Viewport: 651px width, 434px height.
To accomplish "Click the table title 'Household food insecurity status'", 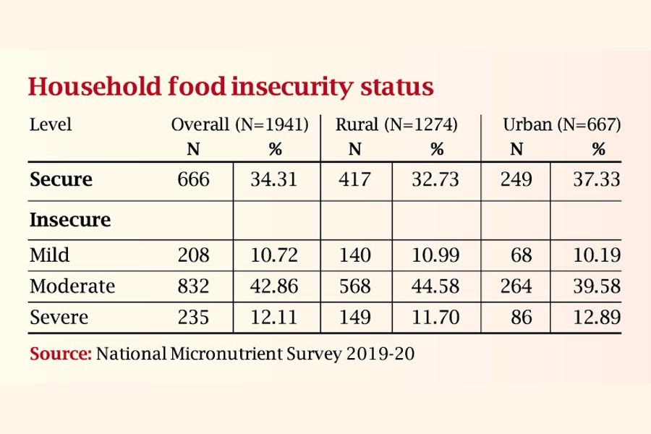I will click(231, 87).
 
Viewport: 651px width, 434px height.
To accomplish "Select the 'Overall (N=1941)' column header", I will click(239, 124).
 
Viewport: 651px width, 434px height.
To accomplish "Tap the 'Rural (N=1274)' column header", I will click(396, 124).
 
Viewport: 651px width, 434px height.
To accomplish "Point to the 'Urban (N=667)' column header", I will click(562, 124).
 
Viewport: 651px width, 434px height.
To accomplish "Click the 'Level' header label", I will click(51, 124).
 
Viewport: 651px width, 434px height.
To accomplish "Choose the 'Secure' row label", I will click(61, 179).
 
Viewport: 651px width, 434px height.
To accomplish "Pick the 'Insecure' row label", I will click(70, 220).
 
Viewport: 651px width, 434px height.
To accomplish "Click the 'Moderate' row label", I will click(72, 286).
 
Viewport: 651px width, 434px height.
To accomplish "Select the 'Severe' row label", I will click(59, 318).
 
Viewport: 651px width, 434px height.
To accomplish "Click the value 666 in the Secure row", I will click(194, 179).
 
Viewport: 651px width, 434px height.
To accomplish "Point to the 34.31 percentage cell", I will click(273, 179).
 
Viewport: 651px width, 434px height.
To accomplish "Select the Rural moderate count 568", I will click(355, 286).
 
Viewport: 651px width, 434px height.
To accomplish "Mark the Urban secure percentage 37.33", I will click(596, 179).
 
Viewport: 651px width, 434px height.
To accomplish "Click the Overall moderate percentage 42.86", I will click(273, 286).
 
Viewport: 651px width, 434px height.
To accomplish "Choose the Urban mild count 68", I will click(520, 255).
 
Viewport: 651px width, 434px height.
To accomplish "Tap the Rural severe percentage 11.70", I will click(435, 318).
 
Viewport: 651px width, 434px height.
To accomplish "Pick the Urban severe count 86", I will click(520, 318).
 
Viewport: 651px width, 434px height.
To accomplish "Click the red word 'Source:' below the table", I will click(61, 354).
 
